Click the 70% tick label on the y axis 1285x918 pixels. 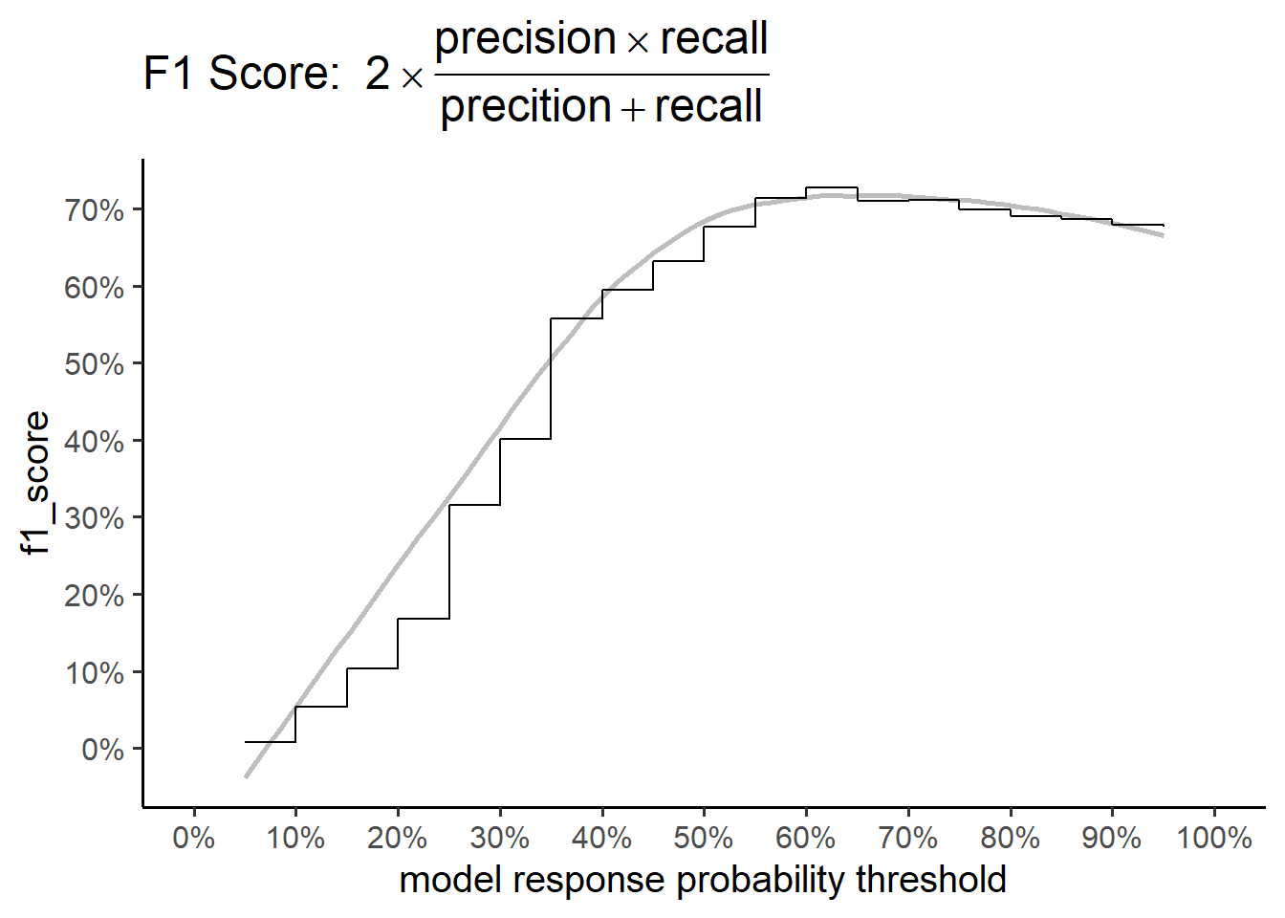(94, 211)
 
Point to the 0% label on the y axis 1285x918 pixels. (102, 750)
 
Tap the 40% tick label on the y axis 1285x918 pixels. (94, 443)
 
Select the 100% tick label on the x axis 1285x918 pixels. (1214, 839)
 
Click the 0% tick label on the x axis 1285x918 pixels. (194, 839)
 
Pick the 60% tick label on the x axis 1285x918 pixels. (805, 839)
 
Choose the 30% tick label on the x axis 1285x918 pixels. (500, 839)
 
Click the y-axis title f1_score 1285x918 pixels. (35, 483)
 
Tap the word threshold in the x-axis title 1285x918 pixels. (931, 880)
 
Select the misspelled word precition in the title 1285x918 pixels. (526, 107)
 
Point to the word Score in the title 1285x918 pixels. (269, 74)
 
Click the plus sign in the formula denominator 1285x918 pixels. (633, 109)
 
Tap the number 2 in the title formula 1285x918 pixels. (378, 74)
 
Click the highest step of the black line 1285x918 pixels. (831, 187)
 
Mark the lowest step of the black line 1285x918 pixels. (271, 742)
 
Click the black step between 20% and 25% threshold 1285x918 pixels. (424, 619)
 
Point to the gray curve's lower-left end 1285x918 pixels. (246, 776)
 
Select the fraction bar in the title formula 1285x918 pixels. (602, 75)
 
